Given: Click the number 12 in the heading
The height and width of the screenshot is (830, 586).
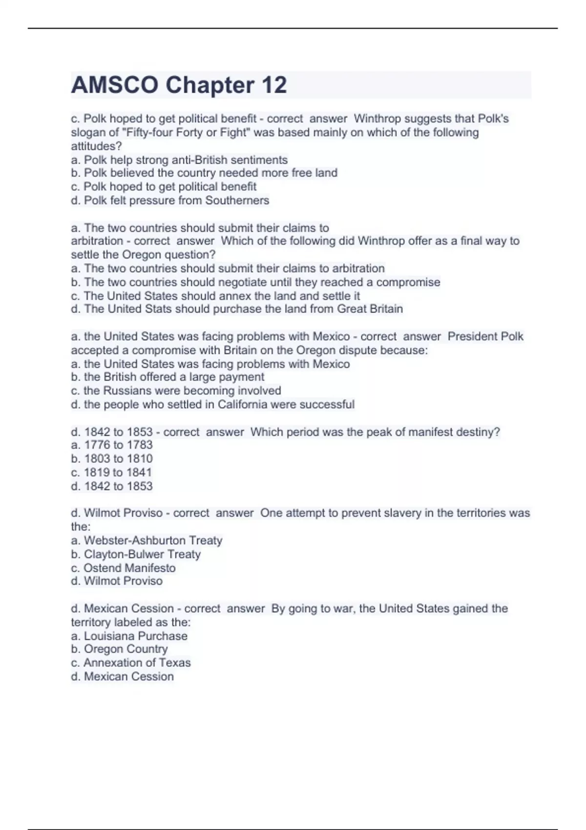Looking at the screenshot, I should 274,85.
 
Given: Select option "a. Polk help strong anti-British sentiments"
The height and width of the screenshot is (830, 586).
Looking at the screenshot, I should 179,160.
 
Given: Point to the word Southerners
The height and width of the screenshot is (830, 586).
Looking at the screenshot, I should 237,201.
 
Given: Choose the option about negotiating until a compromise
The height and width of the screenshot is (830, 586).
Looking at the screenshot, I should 255,282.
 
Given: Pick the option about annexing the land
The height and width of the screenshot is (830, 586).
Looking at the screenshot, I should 215,296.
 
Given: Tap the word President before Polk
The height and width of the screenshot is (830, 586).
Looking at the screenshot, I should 470,336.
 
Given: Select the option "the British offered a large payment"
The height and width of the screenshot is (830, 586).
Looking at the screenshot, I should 167,377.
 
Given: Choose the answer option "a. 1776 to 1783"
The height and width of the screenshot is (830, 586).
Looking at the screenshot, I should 112,445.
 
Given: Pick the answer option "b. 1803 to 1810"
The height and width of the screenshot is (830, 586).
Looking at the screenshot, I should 112,458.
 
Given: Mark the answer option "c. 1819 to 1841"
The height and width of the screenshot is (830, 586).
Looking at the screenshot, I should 112,473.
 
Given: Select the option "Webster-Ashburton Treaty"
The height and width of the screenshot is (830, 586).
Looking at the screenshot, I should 146,540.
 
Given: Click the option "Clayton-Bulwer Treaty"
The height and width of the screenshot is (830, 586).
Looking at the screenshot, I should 136,554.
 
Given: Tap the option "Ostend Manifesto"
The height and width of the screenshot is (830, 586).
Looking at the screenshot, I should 123,568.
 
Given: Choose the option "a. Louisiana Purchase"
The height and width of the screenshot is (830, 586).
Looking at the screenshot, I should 129,636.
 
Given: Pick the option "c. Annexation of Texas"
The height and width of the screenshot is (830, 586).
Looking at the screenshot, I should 131,663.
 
